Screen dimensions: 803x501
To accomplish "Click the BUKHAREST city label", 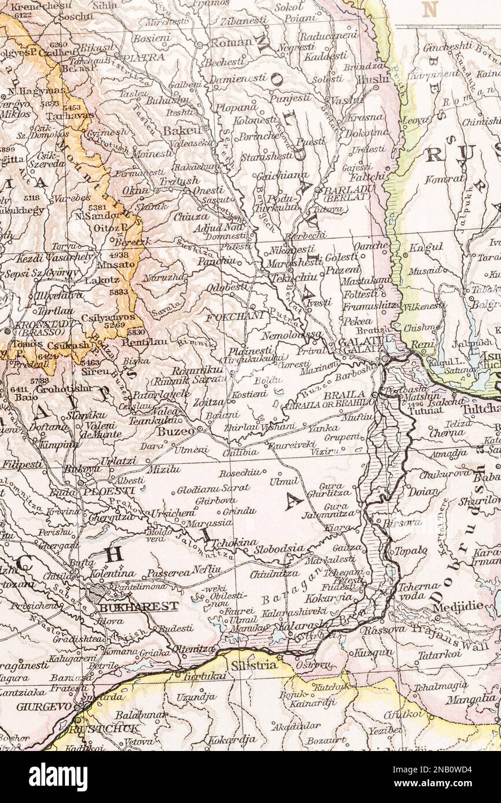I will tap(138, 607).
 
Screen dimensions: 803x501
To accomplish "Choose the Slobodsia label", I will tap(279, 548).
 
